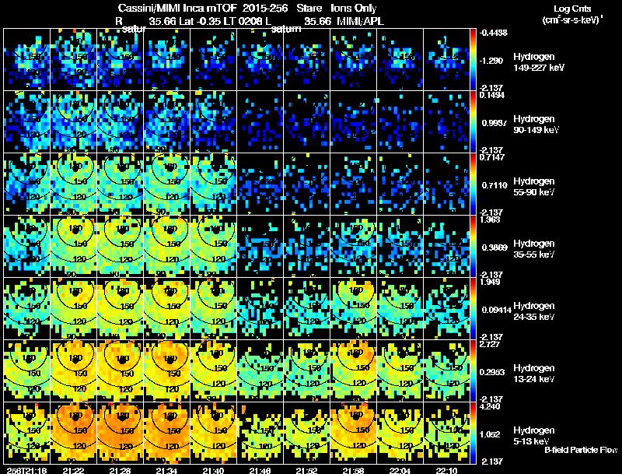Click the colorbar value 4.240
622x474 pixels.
point(490,406)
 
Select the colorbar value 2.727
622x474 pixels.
point(490,344)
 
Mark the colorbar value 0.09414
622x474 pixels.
point(494,309)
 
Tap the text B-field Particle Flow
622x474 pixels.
point(581,450)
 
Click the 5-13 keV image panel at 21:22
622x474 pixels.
point(75,433)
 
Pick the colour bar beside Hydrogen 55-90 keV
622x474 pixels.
point(474,184)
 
